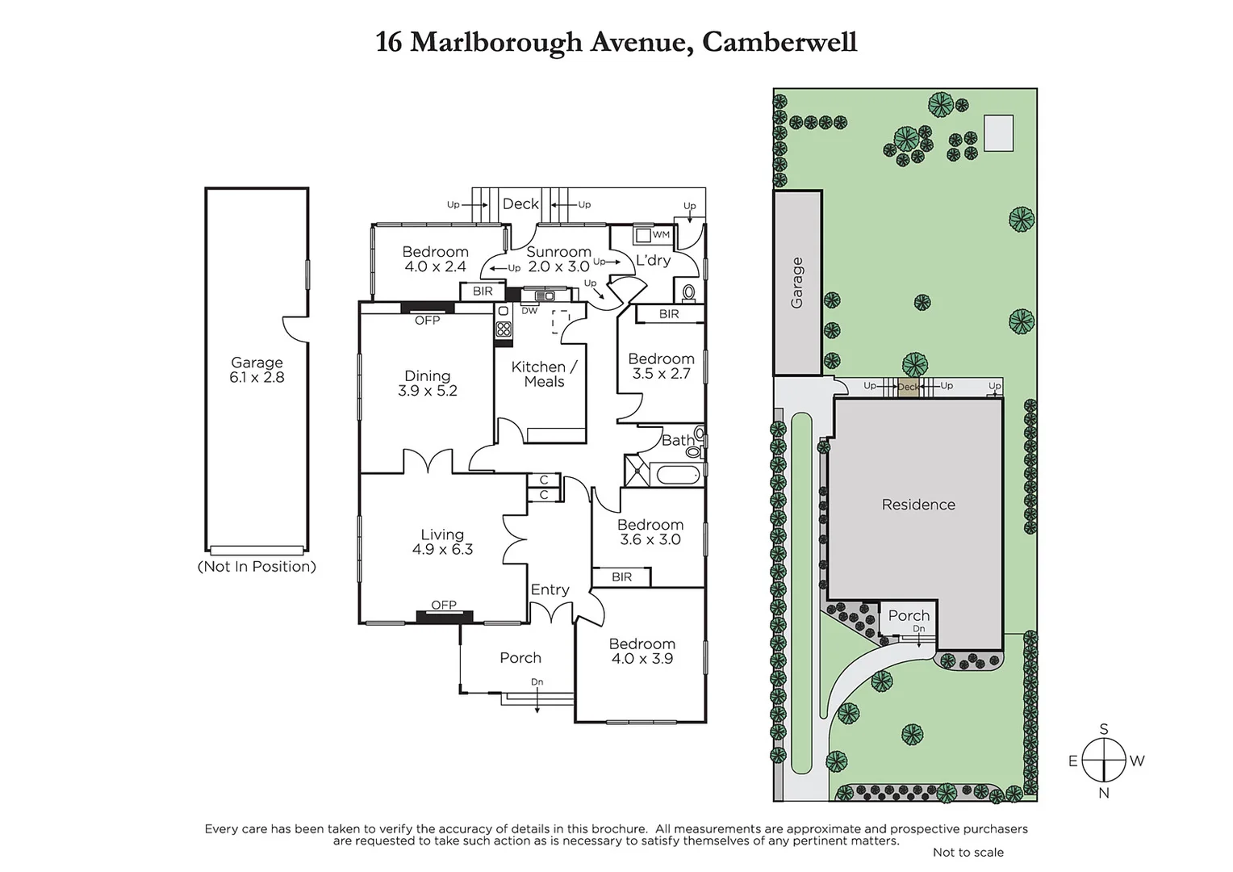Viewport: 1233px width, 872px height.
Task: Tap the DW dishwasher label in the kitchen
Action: click(529, 311)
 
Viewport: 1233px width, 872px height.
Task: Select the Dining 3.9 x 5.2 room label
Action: click(427, 383)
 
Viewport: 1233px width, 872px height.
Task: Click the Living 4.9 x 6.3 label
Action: click(442, 542)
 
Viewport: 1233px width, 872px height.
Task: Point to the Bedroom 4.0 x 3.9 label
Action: click(642, 651)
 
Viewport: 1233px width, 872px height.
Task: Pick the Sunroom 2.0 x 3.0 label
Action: click(558, 259)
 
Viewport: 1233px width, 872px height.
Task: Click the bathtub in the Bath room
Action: click(678, 474)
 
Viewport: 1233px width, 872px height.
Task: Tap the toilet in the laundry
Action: click(689, 291)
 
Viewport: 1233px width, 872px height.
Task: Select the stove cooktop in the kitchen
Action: click(504, 329)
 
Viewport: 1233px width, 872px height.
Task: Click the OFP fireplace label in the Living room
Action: click(444, 605)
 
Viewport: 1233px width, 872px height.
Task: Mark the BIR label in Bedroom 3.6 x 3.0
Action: click(621, 576)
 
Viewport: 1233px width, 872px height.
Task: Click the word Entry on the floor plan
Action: click(550, 590)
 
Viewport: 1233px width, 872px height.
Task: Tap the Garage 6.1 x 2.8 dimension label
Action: click(257, 370)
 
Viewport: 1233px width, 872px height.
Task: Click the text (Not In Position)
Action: click(257, 567)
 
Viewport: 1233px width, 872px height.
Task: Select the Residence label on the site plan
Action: click(918, 505)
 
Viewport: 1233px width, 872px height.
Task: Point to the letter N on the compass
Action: click(1103, 793)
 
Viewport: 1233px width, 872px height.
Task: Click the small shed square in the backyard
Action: click(998, 133)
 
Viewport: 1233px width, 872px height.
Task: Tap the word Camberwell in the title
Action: click(780, 41)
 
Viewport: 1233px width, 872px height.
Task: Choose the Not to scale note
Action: click(968, 853)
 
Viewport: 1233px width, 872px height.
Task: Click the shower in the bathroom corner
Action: click(636, 471)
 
